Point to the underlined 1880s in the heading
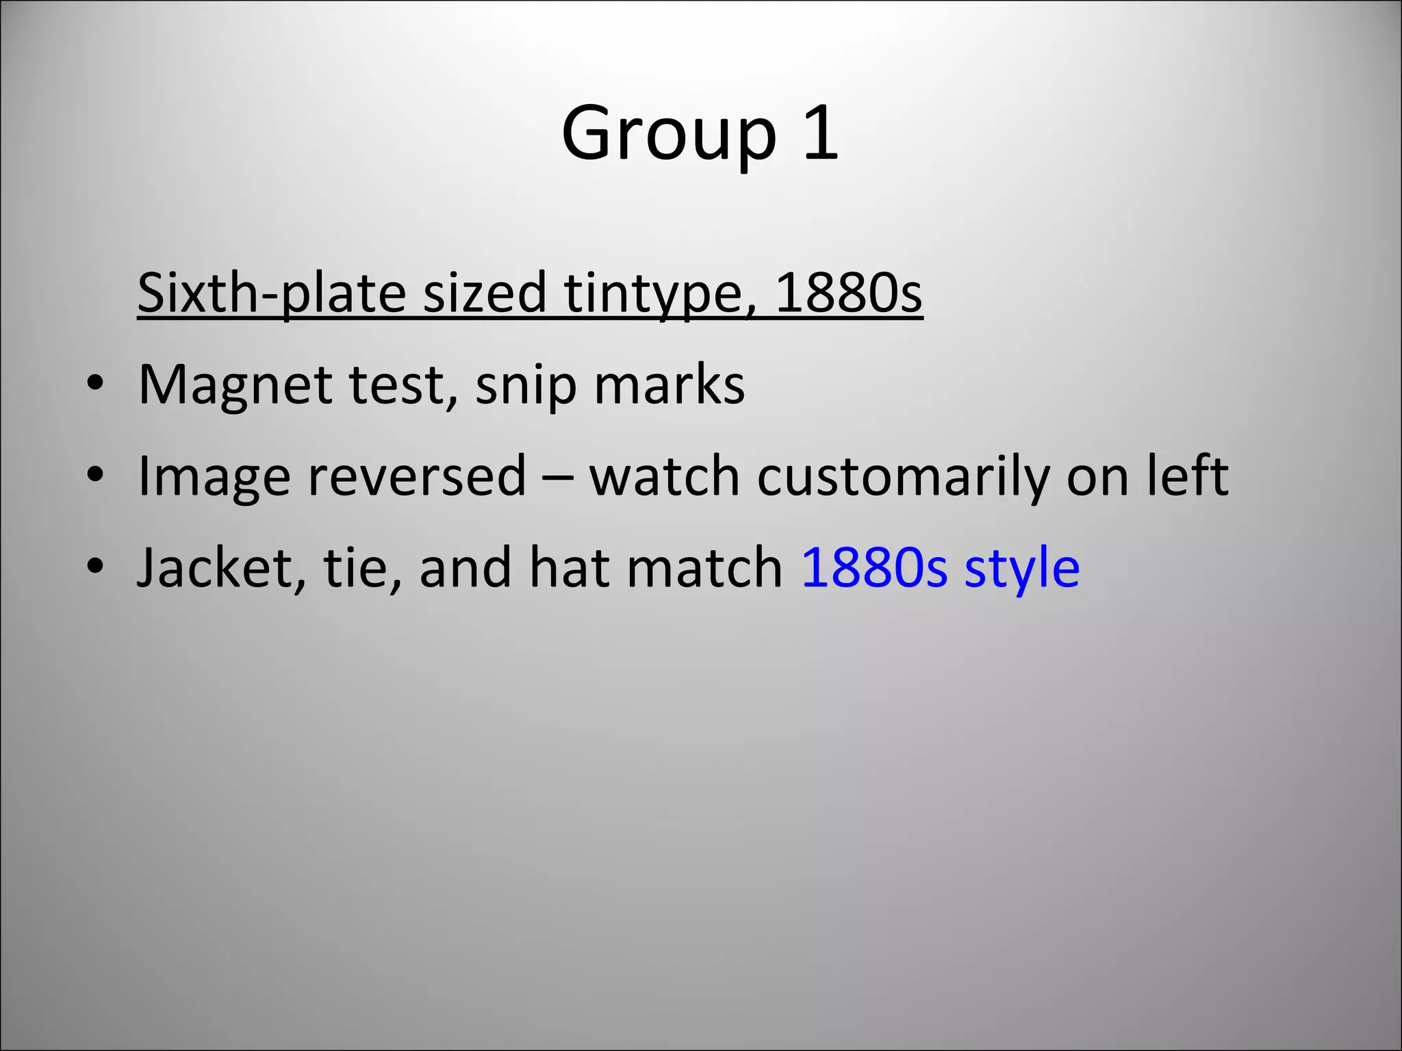click(848, 293)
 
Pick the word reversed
click(417, 477)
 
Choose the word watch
click(664, 477)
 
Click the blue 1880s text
click(874, 569)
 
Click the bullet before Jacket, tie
click(95, 567)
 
